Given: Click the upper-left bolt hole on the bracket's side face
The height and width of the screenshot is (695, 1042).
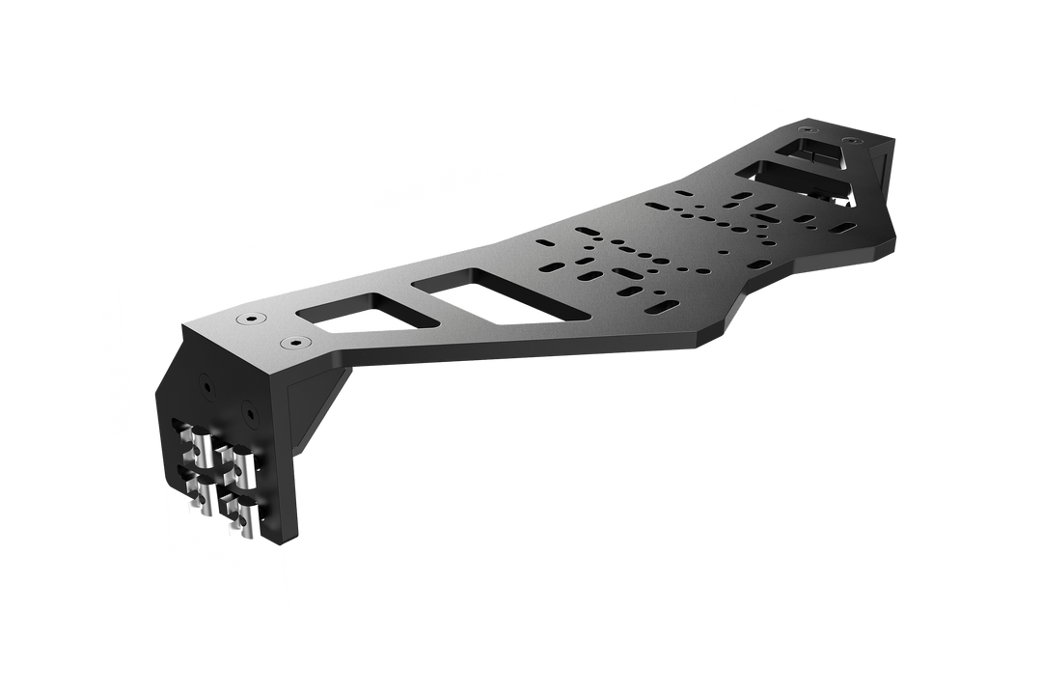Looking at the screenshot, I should pyautogui.click(x=206, y=384).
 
